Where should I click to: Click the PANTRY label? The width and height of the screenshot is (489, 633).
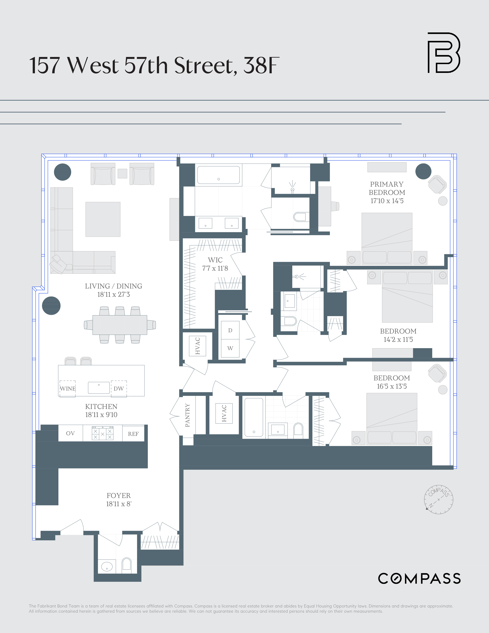tap(187, 415)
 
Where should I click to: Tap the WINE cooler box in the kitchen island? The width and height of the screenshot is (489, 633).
tap(68, 389)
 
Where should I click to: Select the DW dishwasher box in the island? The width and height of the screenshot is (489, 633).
tap(119, 389)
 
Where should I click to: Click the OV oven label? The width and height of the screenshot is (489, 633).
tap(70, 433)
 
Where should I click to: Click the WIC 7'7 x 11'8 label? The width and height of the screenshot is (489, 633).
tap(215, 264)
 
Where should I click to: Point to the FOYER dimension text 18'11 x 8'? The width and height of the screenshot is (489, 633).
tap(119, 504)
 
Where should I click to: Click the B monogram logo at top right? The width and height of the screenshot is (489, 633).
tap(444, 52)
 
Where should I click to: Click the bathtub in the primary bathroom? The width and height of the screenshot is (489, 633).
tap(218, 175)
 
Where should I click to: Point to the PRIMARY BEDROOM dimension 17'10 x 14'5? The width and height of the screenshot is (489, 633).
tap(387, 201)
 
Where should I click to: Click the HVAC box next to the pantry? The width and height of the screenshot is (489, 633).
tap(224, 414)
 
